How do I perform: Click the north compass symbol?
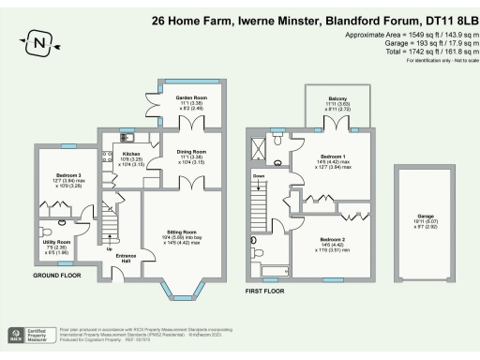point(37,42)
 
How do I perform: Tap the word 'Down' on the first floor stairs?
point(259,175)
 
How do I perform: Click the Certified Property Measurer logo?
point(29,335)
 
